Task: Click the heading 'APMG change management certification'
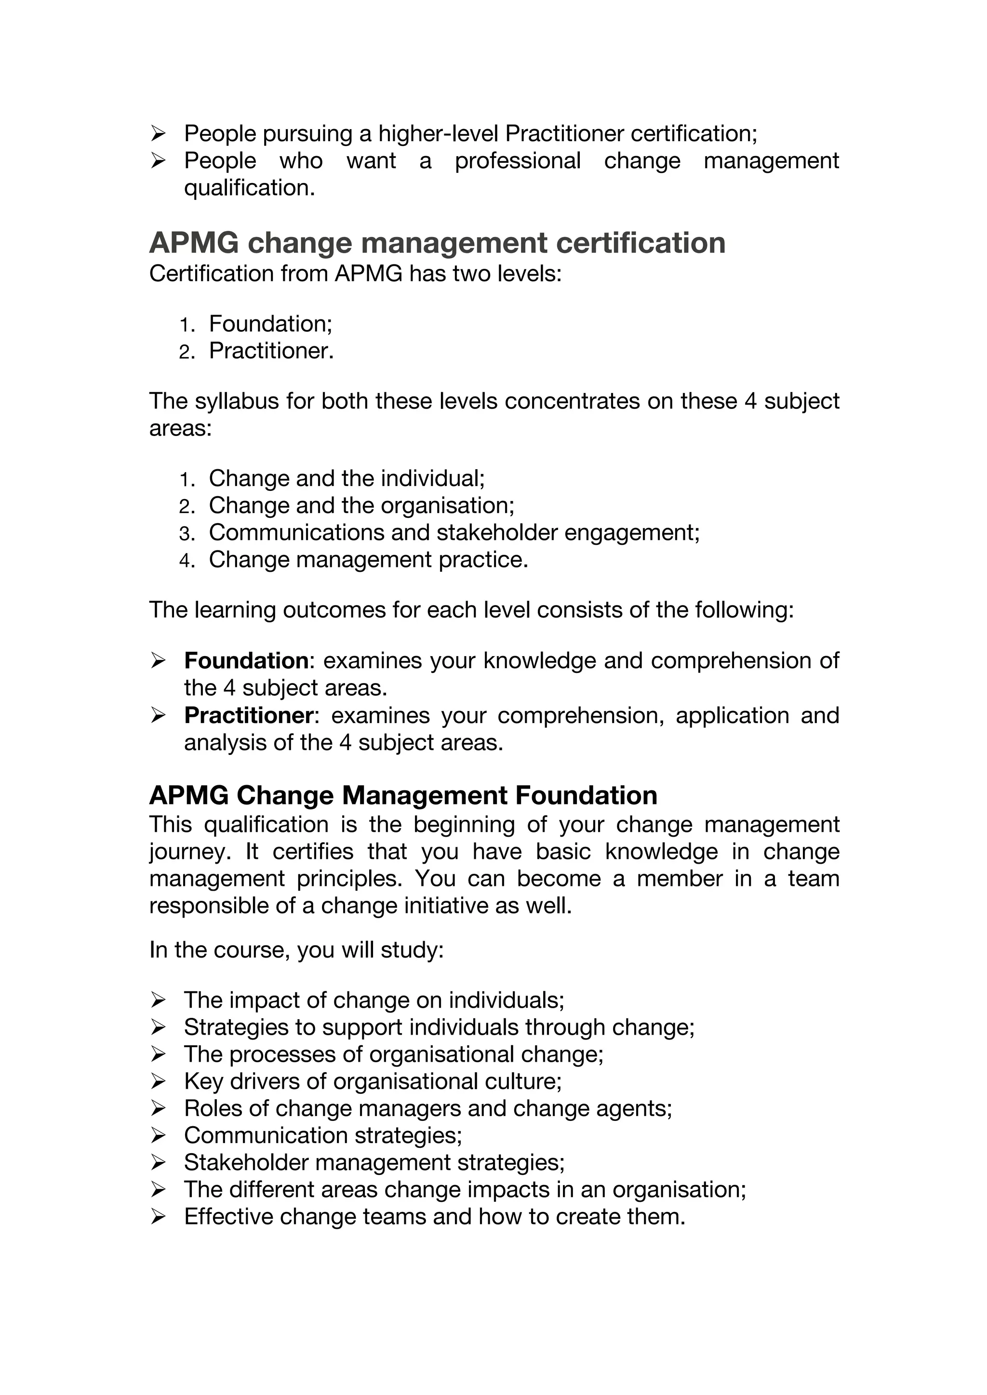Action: [437, 243]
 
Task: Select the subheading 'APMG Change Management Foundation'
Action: [403, 795]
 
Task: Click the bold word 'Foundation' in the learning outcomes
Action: [247, 660]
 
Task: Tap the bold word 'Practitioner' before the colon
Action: [249, 715]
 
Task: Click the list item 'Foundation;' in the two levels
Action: [270, 324]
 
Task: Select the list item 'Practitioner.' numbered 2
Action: [271, 351]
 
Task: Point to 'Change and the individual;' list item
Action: [347, 478]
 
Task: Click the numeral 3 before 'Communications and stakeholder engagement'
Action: [186, 533]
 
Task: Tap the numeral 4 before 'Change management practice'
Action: [186, 560]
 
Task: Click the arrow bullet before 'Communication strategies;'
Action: [158, 1135]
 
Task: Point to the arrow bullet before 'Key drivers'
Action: [158, 1081]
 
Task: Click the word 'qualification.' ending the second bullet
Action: [249, 188]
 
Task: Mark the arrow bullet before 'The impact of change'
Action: [158, 1000]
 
